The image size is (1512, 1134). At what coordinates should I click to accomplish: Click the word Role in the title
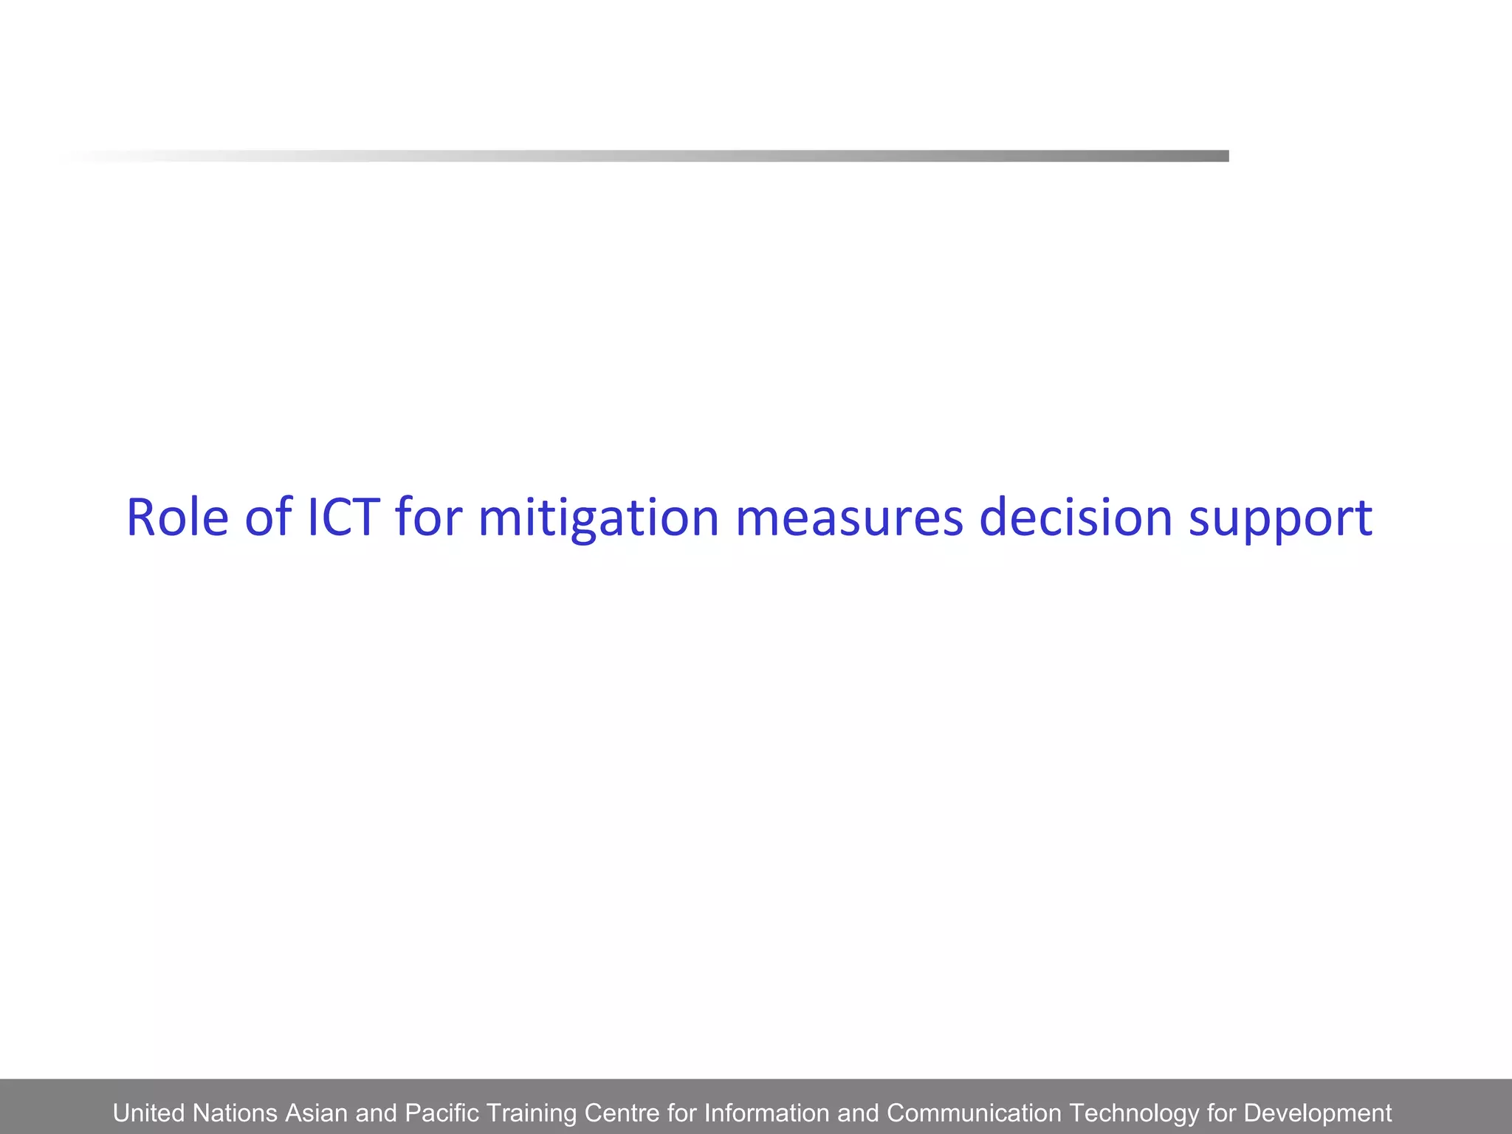(177, 518)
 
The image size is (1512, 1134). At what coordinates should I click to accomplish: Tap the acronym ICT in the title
(343, 518)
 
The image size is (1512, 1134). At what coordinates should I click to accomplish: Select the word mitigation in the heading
(598, 519)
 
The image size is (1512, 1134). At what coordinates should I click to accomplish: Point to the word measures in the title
(849, 518)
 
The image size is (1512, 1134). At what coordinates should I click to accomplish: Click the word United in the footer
(148, 1113)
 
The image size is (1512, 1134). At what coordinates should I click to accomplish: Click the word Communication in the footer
(973, 1113)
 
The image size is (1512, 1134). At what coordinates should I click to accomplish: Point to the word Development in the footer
(1317, 1113)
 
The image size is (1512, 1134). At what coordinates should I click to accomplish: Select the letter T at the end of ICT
(367, 518)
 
